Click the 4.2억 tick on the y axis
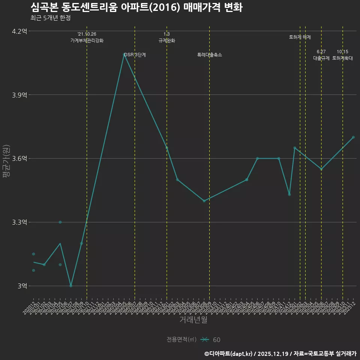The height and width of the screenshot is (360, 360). (x=19, y=31)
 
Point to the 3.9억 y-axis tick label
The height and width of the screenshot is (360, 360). (x=19, y=95)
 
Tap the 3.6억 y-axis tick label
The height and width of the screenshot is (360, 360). (x=19, y=159)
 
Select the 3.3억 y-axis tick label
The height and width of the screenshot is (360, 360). (x=19, y=222)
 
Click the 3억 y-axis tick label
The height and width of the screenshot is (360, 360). (x=22, y=286)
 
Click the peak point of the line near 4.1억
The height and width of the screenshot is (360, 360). (x=124, y=54)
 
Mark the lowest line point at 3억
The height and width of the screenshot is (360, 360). (x=71, y=286)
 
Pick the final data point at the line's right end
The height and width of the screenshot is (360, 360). (x=353, y=137)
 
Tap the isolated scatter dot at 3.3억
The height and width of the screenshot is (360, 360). (x=60, y=222)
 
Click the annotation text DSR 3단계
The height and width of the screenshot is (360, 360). (x=135, y=55)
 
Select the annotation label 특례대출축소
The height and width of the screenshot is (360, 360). (x=210, y=55)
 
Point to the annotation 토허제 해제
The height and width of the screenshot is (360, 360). (x=300, y=37)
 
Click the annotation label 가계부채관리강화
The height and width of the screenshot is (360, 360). (x=87, y=40)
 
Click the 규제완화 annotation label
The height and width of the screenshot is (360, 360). (x=167, y=40)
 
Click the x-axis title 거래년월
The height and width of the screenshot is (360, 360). (x=193, y=320)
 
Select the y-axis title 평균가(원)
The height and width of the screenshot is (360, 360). (x=6, y=159)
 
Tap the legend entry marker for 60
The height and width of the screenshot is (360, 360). (x=205, y=340)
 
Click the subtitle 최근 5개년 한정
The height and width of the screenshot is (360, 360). (x=50, y=18)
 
